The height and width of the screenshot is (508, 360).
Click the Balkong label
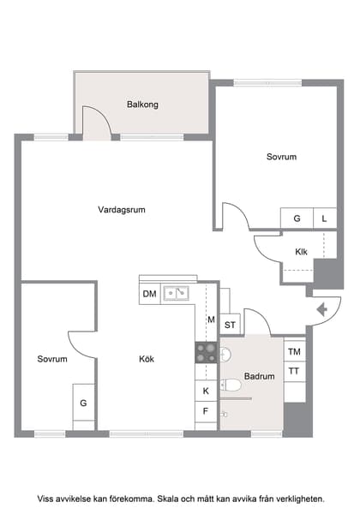coord(142,105)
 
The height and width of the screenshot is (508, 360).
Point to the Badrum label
coord(259,376)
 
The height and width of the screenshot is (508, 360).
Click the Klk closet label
coord(301,252)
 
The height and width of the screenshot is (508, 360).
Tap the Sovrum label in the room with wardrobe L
coord(281,157)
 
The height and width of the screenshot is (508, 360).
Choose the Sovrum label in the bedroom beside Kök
coord(52,360)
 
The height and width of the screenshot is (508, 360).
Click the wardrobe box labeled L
coord(324,218)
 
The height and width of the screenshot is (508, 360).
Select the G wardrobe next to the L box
coord(297,218)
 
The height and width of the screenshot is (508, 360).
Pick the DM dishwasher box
coord(149,294)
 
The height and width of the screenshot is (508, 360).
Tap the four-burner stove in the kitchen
coord(206,351)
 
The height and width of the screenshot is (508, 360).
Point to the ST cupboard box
coord(230,325)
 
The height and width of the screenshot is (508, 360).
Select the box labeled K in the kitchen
coord(206,391)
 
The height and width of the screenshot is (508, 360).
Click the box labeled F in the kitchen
coord(206,412)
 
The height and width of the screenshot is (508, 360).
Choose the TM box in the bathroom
coord(294,352)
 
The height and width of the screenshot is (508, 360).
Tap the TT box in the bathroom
coord(294,371)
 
